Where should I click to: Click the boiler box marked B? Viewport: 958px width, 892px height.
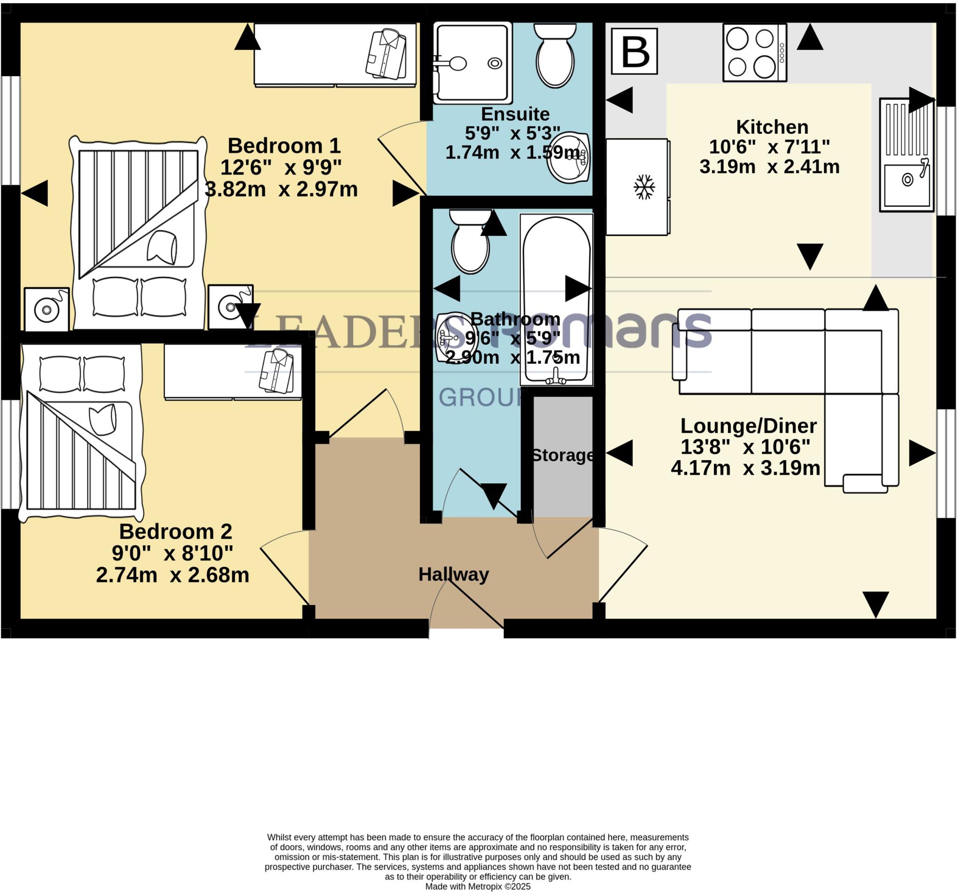634,51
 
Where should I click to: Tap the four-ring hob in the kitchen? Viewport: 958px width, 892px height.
754,52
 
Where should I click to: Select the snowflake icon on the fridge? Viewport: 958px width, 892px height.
644,187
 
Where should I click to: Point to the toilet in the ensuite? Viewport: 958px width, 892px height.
555,58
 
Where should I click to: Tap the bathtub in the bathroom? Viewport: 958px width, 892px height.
557,299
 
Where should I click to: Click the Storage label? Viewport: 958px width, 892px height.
562,455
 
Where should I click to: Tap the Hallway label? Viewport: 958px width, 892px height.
453,574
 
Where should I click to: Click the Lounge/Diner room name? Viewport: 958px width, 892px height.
748,426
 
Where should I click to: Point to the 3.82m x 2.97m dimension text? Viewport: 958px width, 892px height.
282,189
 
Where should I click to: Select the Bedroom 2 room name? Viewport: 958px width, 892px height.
175,531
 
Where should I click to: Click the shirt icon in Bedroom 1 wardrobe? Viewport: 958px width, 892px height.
386,54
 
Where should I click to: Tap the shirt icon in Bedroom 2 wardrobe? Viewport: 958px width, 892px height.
276,372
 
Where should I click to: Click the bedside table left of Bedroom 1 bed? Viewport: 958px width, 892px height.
47,309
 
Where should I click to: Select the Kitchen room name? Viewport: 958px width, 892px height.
772,127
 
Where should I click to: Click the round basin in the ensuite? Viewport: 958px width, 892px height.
569,158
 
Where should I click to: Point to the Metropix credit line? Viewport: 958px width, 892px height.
478,886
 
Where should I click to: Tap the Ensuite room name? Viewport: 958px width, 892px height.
515,114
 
